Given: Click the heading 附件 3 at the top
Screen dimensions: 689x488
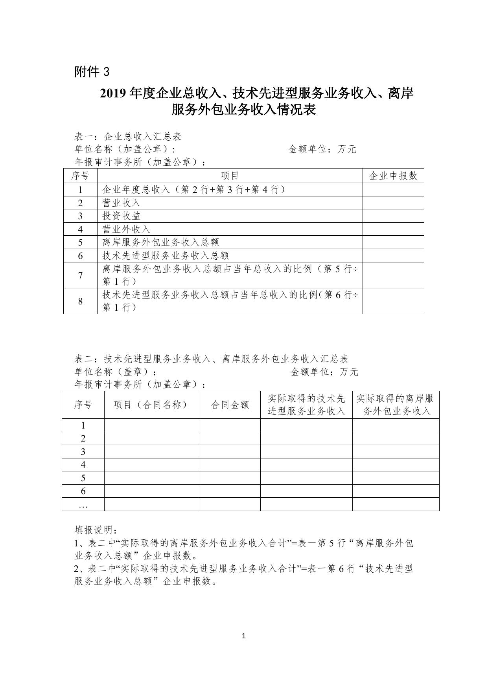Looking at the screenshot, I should [92, 72].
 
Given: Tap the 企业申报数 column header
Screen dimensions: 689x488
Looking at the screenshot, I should [393, 176].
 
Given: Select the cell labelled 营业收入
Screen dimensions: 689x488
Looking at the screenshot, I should [122, 203].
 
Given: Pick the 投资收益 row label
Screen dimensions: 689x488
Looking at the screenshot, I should [122, 216].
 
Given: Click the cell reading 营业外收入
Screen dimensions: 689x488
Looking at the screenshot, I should [126, 229].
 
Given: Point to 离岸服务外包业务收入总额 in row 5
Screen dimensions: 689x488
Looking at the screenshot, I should [160, 242].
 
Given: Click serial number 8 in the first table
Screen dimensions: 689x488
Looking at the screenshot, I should [80, 301].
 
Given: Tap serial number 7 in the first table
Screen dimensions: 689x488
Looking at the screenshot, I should [80, 275].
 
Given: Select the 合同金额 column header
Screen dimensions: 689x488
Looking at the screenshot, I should [230, 405].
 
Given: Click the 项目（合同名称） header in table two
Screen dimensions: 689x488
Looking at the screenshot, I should [152, 405].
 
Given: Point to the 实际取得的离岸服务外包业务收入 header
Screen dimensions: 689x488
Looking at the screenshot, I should [396, 405].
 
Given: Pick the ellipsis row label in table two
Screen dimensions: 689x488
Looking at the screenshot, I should [83, 505].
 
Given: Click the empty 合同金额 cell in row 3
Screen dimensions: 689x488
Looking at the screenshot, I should [230, 452].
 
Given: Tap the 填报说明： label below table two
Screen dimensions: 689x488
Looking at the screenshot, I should [96, 530].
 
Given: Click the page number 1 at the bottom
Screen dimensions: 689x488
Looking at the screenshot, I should [244, 636].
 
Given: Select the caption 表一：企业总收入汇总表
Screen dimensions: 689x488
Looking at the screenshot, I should [128, 136].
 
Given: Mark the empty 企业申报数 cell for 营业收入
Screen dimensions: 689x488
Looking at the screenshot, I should [393, 203].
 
